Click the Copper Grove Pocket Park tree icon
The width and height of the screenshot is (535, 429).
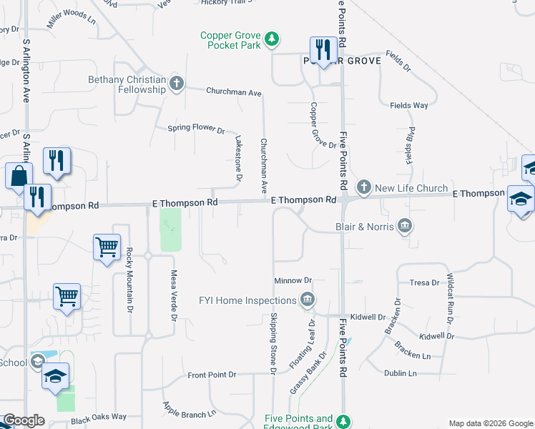coord(271,39)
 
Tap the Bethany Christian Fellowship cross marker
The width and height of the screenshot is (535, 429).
coord(175,84)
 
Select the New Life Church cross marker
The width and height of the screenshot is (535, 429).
coord(363,187)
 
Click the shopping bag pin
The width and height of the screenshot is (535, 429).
coord(19,176)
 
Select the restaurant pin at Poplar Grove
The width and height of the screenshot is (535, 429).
coord(323,50)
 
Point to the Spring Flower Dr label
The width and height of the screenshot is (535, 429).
coord(196,129)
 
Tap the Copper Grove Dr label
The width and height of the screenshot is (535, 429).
coord(313,125)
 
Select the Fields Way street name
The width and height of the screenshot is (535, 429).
coord(409,105)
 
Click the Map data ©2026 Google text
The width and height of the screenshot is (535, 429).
coord(491,423)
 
